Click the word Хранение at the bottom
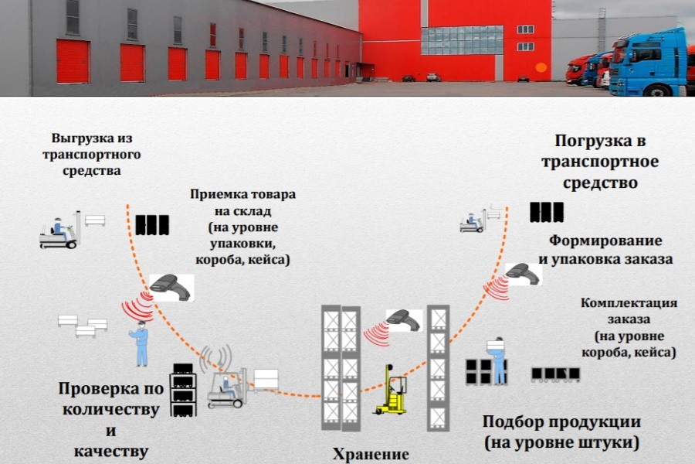pyautogui.click(x=370, y=454)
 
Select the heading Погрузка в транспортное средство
pyautogui.click(x=599, y=162)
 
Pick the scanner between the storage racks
pyautogui.click(x=402, y=319)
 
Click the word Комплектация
pyautogui.click(x=629, y=302)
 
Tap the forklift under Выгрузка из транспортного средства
pyautogui.click(x=61, y=231)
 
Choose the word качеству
pyautogui.click(x=111, y=450)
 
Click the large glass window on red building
pyautogui.click(x=462, y=40)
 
